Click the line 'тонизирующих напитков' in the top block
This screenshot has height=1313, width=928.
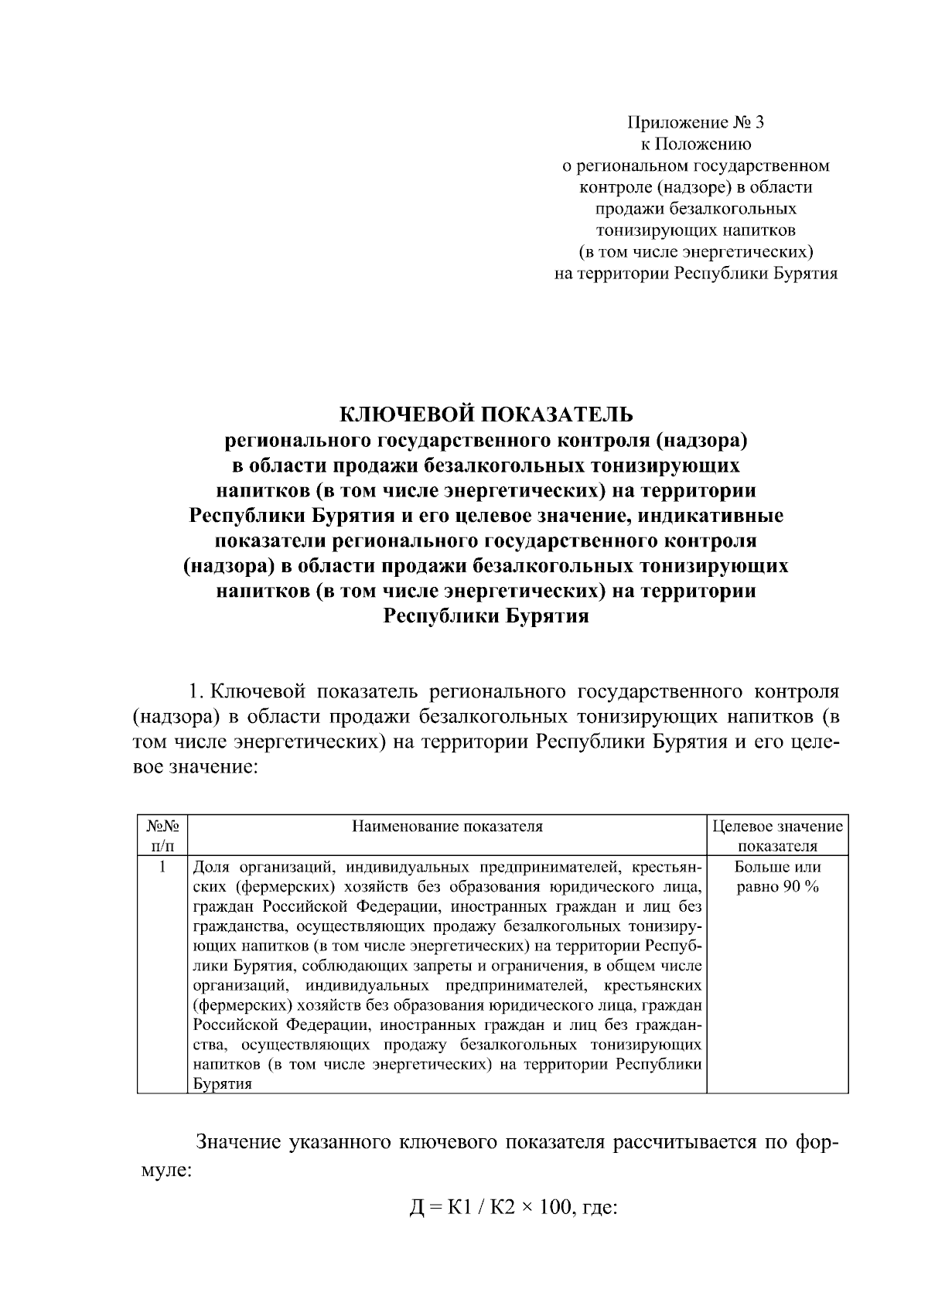tap(695, 230)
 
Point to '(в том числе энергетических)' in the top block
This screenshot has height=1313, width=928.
tap(695, 251)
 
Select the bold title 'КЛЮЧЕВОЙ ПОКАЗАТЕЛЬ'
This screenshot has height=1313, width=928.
tap(486, 414)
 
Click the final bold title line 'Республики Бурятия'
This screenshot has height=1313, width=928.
tap(486, 616)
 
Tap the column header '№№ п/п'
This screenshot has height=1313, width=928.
tap(162, 835)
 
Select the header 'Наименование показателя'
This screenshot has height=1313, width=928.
tap(447, 827)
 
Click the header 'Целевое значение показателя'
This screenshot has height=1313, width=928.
tap(777, 835)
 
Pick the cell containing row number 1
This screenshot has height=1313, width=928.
tap(162, 868)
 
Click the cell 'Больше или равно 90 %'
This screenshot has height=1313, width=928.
tap(777, 877)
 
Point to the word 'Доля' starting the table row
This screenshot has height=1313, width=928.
tap(209, 867)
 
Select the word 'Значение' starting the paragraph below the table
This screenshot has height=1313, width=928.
tap(237, 1142)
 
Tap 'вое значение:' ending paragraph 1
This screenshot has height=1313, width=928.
tap(193, 767)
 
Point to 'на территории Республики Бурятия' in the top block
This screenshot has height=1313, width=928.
tap(695, 273)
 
